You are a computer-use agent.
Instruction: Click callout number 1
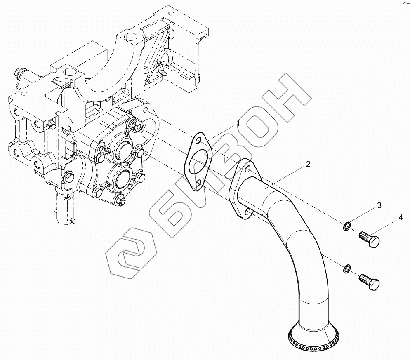point(238,123)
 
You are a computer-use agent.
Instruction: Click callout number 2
point(308,164)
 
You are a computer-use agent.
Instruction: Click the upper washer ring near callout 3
point(347,226)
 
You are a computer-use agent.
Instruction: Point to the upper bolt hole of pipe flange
point(247,169)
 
